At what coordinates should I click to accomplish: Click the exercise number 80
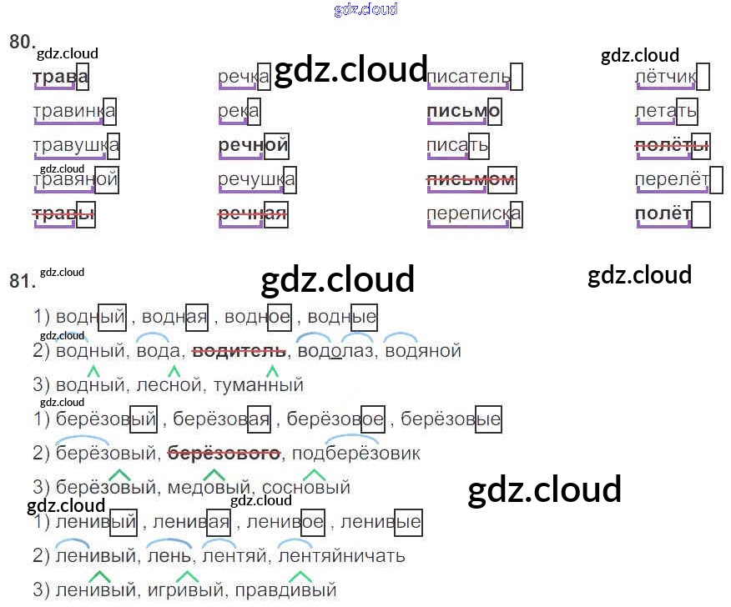(x=21, y=42)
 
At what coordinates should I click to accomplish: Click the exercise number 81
(x=21, y=281)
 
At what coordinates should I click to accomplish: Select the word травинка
(x=73, y=112)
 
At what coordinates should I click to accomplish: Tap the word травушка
(x=75, y=146)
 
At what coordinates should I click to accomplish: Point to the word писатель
(x=468, y=78)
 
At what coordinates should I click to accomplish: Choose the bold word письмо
(x=463, y=112)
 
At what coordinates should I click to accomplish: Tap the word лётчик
(x=665, y=78)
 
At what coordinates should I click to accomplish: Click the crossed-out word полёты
(x=672, y=146)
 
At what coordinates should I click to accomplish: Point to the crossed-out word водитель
(x=239, y=351)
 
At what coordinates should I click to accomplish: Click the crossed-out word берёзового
(x=224, y=454)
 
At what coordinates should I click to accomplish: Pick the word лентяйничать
(x=341, y=556)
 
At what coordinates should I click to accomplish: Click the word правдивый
(x=286, y=590)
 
